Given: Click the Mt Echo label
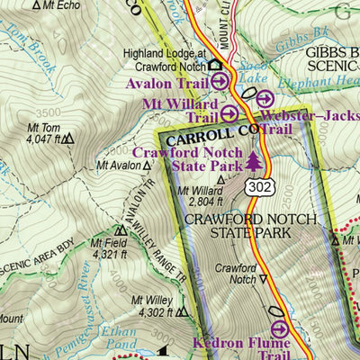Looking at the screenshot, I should tap(56, 4).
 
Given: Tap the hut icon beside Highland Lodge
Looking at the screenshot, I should tap(215, 65).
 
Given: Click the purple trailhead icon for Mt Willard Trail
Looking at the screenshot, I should tap(230, 113).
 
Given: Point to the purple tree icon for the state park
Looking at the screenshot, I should tap(255, 161).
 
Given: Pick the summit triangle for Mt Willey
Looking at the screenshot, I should tap(182, 312).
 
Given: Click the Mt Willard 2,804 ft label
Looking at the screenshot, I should tap(200, 196).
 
